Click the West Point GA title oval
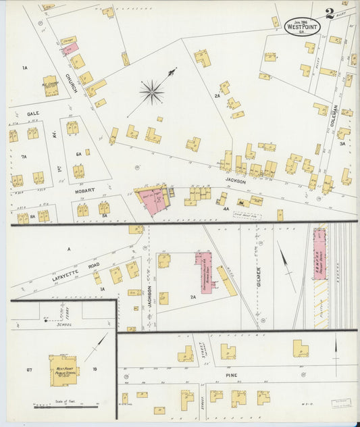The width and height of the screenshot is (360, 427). (x=301, y=26)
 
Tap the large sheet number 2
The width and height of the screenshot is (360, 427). (x=330, y=14)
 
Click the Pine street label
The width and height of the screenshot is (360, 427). (x=233, y=373)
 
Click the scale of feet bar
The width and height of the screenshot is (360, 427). (x=67, y=407)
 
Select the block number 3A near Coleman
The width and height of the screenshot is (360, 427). (x=342, y=143)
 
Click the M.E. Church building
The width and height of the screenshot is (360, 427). (x=49, y=85)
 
